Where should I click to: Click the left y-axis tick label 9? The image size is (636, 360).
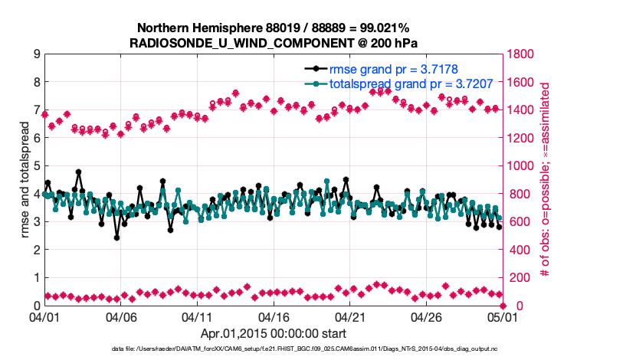[36, 54]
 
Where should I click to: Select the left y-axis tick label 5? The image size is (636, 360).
[36, 166]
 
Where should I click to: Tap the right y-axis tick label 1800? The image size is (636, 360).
[523, 54]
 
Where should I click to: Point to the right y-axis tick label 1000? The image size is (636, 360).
[523, 166]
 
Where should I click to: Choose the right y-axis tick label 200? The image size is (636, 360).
[520, 277]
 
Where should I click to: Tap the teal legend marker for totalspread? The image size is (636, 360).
[316, 84]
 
